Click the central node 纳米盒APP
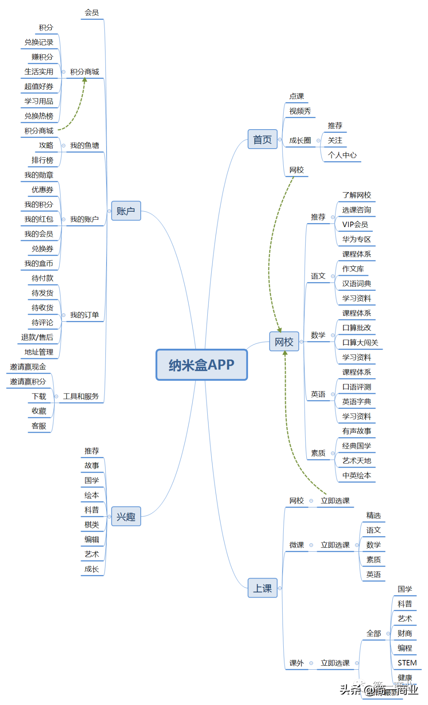[202, 365]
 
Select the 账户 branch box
[126, 211]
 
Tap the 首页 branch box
[262, 139]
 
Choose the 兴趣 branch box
[126, 516]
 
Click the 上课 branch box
[262, 588]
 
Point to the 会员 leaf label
[92, 13]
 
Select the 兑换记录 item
[39, 42]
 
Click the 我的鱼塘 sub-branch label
[84, 145]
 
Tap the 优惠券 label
[42, 190]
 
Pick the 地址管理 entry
[39, 352]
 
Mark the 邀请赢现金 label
[28, 367]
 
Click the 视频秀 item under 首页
[300, 111]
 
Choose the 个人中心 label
[342, 155]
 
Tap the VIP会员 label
[355, 225]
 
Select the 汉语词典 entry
[357, 284]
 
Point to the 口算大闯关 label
[360, 343]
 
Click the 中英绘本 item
[357, 476]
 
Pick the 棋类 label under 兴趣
[92, 525]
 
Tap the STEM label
[407, 663]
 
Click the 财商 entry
[405, 633]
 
